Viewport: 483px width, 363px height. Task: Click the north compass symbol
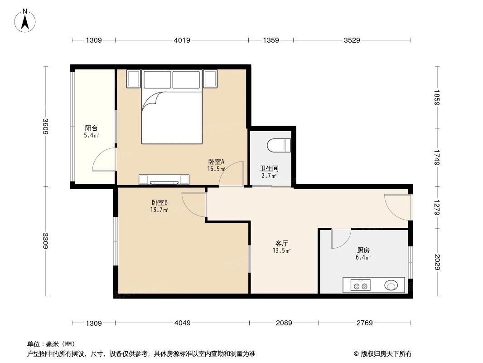click(25, 21)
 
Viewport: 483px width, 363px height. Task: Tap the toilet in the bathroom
click(279, 145)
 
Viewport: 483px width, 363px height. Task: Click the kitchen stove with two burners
click(361, 285)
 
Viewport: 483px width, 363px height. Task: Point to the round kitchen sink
click(391, 285)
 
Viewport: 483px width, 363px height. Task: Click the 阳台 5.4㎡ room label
click(92, 132)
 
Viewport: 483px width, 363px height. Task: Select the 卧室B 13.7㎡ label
click(159, 206)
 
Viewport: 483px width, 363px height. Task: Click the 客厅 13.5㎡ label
click(281, 246)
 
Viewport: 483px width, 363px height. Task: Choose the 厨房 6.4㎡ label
click(363, 253)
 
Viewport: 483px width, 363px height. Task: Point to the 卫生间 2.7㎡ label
click(268, 172)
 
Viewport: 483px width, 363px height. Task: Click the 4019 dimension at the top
click(182, 40)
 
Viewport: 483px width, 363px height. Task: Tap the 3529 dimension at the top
click(352, 40)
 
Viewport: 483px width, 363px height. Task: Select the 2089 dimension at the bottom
click(284, 323)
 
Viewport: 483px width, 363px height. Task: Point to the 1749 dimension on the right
click(437, 157)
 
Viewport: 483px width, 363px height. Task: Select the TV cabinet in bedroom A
click(164, 180)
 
